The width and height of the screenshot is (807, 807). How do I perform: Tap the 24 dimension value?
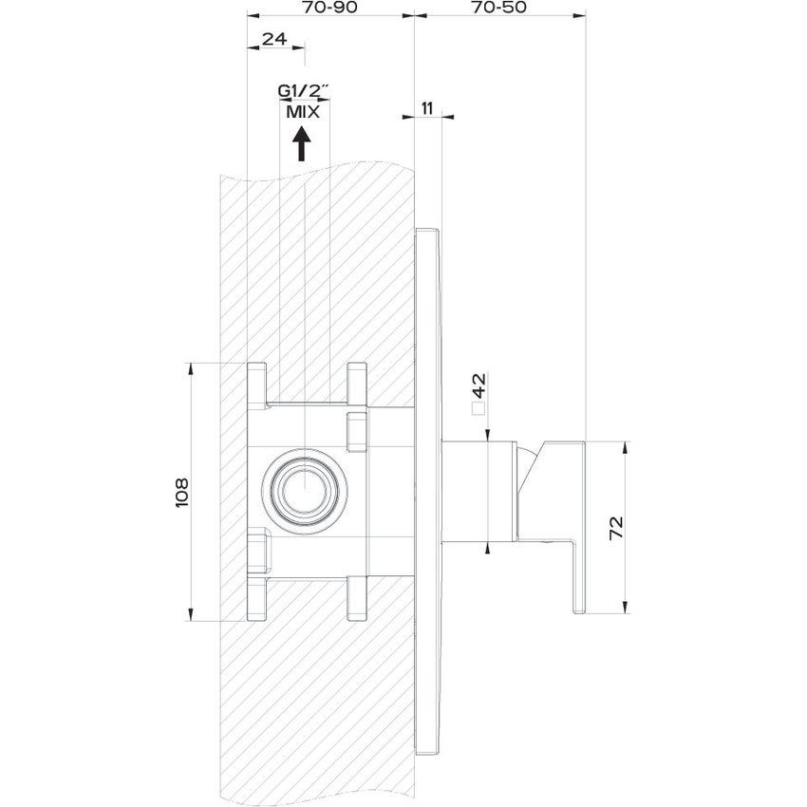274,39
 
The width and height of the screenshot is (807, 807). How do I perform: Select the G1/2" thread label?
303,91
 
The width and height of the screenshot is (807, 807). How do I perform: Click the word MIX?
302,110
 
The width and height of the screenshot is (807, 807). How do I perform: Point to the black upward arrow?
302,144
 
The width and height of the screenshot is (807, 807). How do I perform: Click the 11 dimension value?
427,107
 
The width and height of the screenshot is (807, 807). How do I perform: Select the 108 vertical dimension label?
183,493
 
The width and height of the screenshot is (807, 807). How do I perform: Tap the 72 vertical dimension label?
615,527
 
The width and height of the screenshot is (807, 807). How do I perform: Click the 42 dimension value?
479,385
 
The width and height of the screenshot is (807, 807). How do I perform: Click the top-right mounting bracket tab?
356,384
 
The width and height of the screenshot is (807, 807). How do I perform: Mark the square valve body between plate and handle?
465,494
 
